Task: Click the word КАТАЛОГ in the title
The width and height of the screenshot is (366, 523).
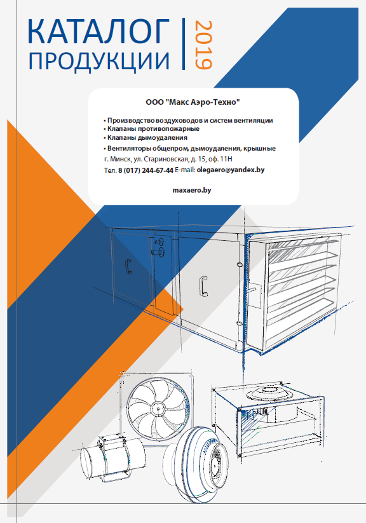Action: point(98,31)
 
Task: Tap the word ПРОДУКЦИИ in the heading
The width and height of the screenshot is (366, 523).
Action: point(99,62)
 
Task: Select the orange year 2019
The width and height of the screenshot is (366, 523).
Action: point(203,45)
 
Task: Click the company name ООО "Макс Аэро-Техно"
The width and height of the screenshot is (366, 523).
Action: point(193,102)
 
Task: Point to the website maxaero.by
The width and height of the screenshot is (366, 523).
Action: point(192,190)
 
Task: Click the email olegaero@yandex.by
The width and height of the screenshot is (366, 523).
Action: point(231,170)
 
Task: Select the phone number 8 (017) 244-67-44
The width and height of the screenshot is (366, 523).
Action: point(146,170)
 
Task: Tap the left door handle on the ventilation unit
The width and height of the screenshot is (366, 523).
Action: point(128,266)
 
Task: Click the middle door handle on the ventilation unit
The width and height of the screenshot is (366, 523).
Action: point(203,286)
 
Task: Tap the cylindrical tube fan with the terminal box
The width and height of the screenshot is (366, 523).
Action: point(112,458)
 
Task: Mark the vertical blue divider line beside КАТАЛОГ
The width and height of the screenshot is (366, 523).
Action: point(184,44)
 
